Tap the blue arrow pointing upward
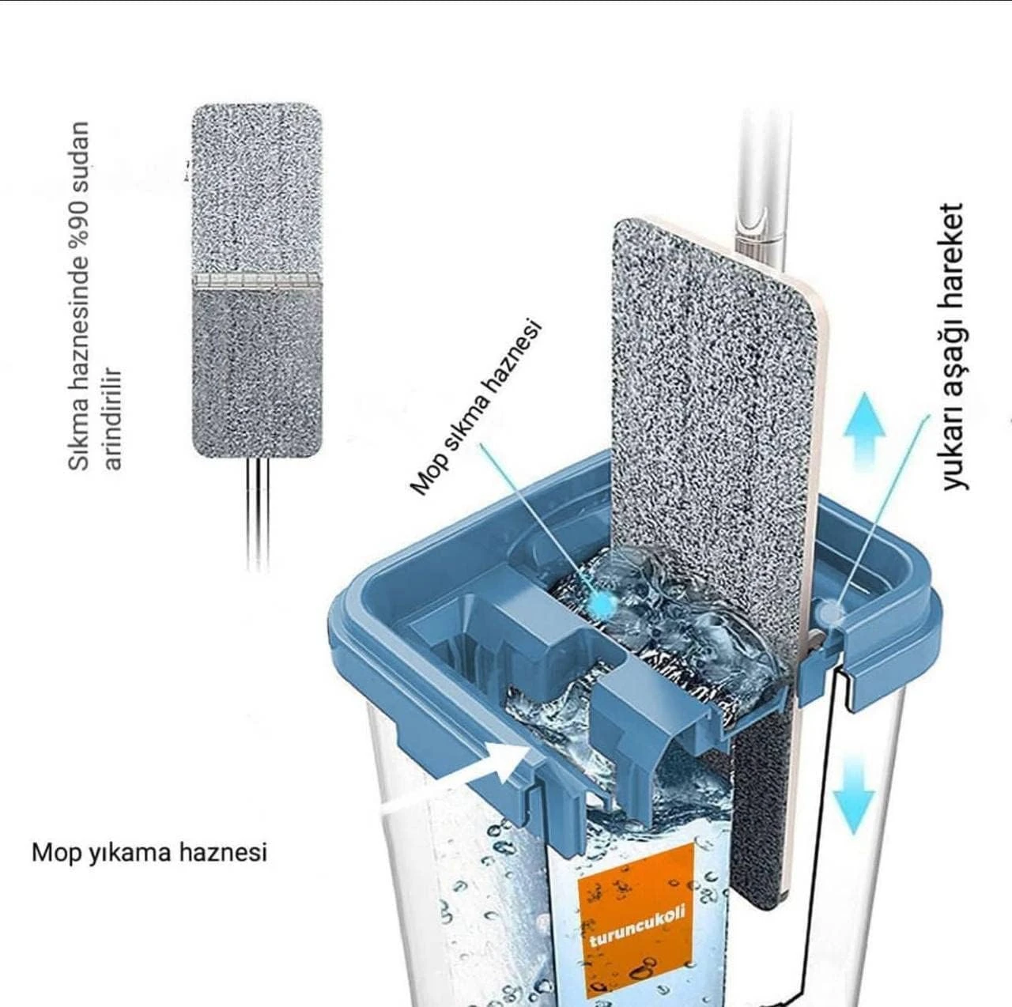point(864,430)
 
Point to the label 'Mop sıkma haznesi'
point(475,407)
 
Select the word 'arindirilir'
point(113,419)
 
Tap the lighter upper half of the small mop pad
point(255,189)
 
